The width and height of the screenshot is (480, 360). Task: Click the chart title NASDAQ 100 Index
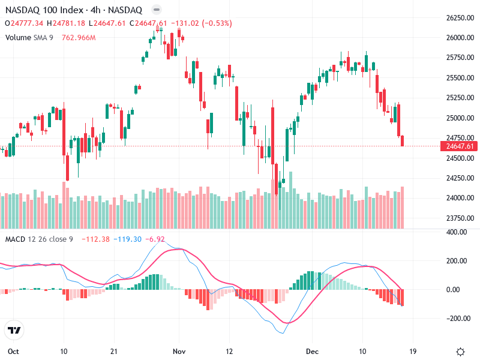click(45, 10)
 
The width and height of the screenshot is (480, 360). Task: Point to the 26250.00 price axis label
click(460, 18)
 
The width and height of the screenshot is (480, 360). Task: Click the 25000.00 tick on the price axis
click(460, 118)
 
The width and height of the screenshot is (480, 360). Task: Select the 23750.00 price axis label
click(460, 218)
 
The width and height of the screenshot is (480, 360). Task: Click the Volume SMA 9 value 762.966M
click(79, 37)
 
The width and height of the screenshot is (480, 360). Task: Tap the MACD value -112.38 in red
click(96, 239)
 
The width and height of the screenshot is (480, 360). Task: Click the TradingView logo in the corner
click(14, 330)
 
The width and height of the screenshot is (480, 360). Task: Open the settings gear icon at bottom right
click(460, 351)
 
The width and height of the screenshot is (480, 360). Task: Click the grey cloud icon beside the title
click(156, 10)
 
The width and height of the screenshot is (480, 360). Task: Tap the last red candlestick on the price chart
click(402, 141)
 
